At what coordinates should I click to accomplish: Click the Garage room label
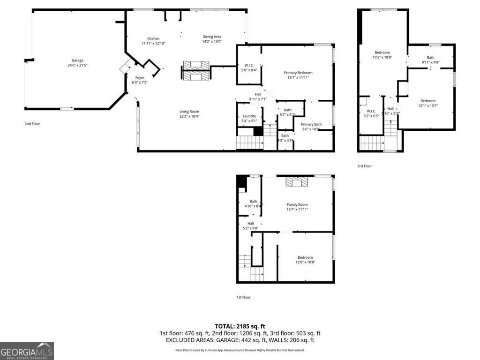click(77, 60)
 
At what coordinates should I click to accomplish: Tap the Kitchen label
click(153, 39)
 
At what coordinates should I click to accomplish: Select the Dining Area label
click(212, 37)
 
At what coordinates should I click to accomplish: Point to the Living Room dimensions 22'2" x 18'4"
click(189, 117)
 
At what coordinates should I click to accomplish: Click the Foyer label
click(140, 77)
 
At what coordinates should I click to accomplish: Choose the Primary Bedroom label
click(298, 73)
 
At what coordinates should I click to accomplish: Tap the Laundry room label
click(249, 116)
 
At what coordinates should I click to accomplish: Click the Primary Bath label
click(311, 124)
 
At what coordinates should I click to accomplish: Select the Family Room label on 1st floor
click(297, 204)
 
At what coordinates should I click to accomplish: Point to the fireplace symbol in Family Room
click(297, 182)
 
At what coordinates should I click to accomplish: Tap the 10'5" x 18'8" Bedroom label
click(382, 52)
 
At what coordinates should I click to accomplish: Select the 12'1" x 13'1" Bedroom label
click(427, 101)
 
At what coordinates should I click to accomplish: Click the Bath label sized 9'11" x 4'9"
click(430, 58)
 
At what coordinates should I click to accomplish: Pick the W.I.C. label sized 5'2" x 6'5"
click(371, 111)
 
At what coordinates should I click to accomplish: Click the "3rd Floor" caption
click(364, 166)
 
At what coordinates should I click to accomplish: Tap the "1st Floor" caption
click(243, 297)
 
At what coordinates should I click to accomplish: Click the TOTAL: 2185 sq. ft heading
click(240, 326)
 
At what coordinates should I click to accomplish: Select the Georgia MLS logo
click(27, 351)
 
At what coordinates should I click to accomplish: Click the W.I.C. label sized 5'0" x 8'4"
click(249, 65)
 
